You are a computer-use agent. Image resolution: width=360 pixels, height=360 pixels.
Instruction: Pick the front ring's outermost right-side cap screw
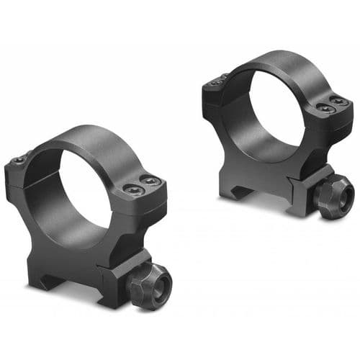point(152,182)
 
